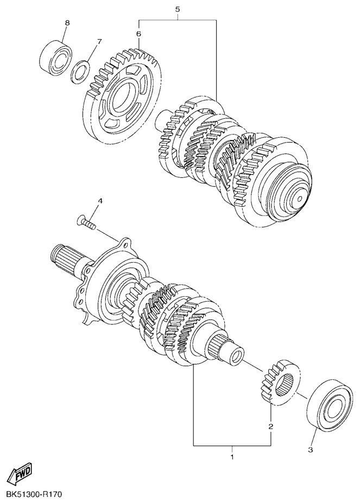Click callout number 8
point(67,23)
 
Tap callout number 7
point(99,41)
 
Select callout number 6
point(138,34)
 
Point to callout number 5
point(177,9)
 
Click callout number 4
point(100,201)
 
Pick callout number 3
point(310,450)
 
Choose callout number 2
point(270,426)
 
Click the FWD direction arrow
point(20,473)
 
